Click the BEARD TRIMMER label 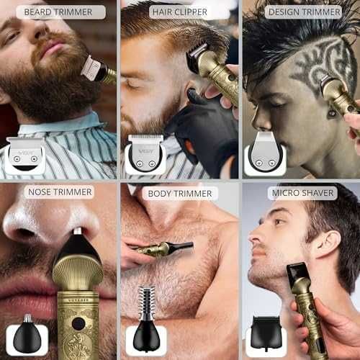point(58,12)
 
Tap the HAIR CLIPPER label point(180,12)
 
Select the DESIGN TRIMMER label point(304,12)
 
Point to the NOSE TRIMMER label point(60,192)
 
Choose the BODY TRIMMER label point(180,194)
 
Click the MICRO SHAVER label point(302,193)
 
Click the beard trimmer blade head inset point(25,155)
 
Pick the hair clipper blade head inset point(145,153)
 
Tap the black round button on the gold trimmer point(78,324)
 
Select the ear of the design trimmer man point(333,112)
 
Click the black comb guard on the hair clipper point(196,57)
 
